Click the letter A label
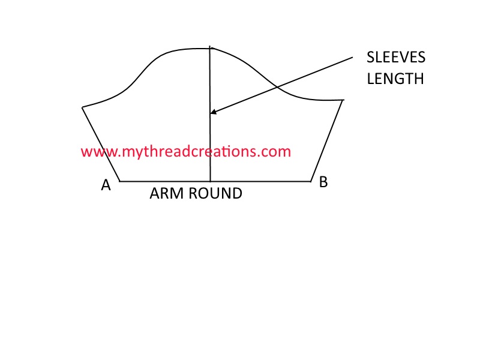tap(106, 185)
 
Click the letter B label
tap(323, 182)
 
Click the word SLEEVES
tap(396, 58)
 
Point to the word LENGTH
tap(395, 79)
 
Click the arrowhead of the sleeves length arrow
tap(212, 112)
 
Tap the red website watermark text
tap(185, 151)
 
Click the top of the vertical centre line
tap(209, 46)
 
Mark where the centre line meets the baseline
tap(211, 181)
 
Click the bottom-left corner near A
tap(121, 181)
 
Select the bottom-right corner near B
tap(311, 181)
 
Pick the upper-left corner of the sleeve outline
tap(83, 107)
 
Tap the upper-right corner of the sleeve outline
tap(343, 100)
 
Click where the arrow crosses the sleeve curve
tap(277, 87)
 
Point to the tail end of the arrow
tap(353, 57)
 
